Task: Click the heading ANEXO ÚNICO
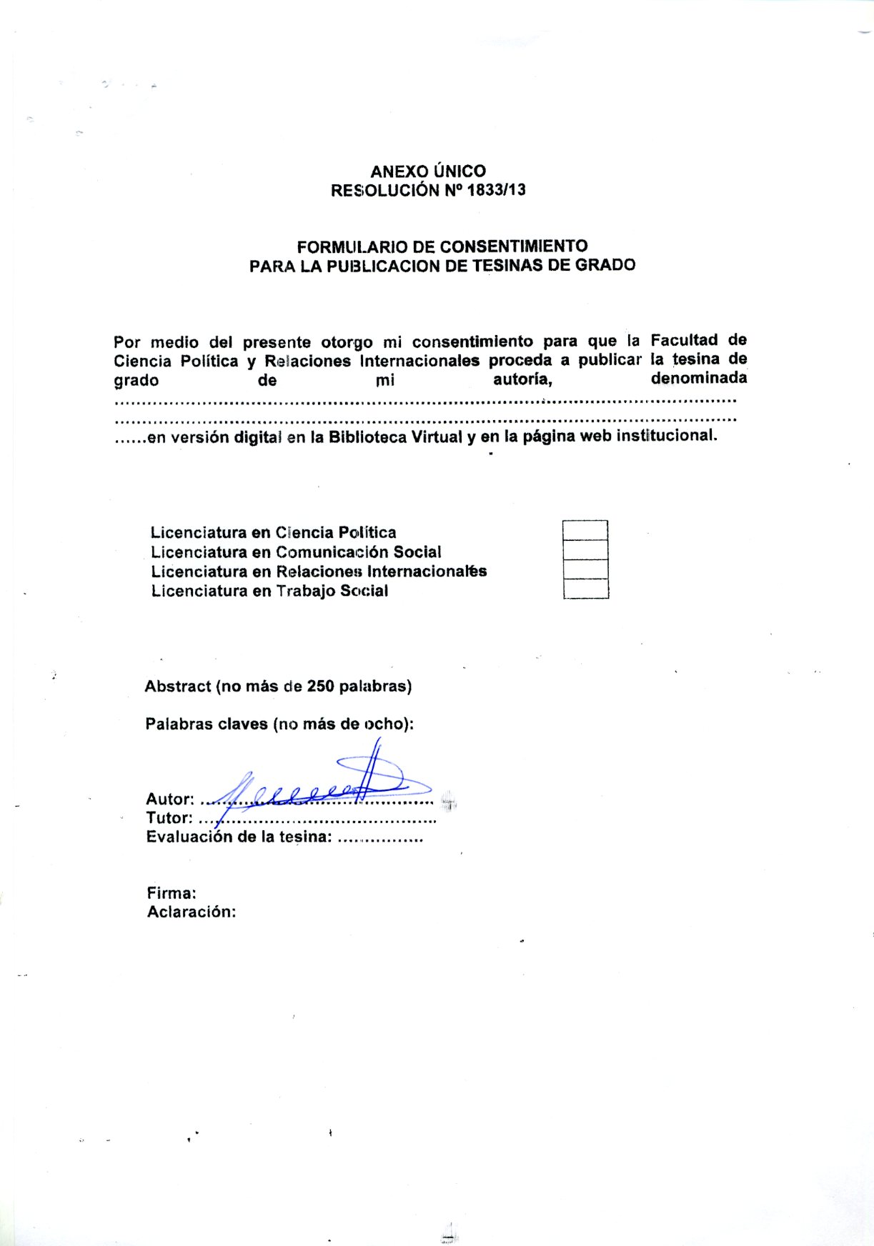pyautogui.click(x=427, y=171)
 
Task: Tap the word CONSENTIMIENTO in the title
pyautogui.click(x=513, y=246)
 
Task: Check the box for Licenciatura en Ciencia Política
pyautogui.click(x=585, y=530)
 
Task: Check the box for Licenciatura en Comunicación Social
pyautogui.click(x=585, y=549)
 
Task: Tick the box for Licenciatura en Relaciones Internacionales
pyautogui.click(x=585, y=569)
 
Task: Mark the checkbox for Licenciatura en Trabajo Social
pyautogui.click(x=585, y=589)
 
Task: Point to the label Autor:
pyautogui.click(x=169, y=799)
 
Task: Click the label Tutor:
pyautogui.click(x=169, y=818)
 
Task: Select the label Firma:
pyautogui.click(x=172, y=893)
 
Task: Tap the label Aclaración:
pyautogui.click(x=191, y=912)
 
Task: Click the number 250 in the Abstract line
pyautogui.click(x=321, y=687)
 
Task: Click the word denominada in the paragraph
pyautogui.click(x=698, y=378)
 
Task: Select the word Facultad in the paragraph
pyautogui.click(x=685, y=340)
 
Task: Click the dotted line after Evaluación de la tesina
pyautogui.click(x=379, y=839)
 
